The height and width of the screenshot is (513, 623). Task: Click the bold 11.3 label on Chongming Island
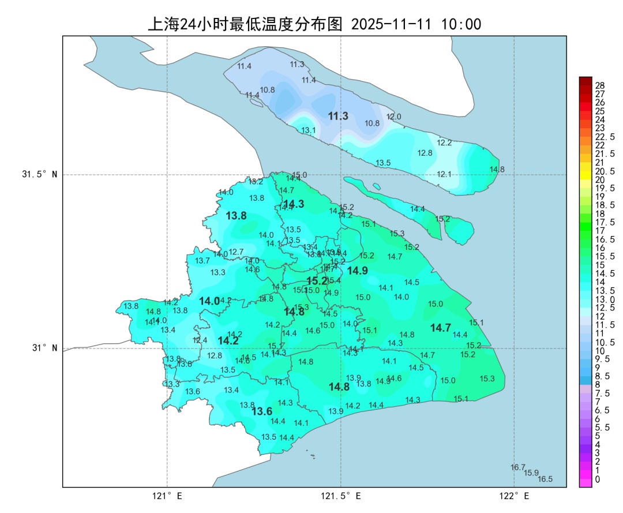(338, 116)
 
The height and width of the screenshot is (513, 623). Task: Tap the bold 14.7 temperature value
(441, 328)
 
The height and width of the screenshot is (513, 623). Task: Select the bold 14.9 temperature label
(357, 271)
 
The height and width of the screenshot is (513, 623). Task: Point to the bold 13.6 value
(262, 411)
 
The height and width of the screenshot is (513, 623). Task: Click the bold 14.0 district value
(209, 301)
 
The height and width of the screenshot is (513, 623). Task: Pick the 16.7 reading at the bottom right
(518, 467)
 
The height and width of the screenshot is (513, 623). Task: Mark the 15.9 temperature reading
(531, 473)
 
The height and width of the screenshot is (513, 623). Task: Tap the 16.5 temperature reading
(545, 479)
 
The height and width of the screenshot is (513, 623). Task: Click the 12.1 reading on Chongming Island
(444, 174)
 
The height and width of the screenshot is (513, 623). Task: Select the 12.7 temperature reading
(237, 252)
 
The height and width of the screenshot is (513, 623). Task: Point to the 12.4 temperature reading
(200, 340)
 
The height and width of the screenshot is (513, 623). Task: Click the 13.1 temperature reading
(309, 130)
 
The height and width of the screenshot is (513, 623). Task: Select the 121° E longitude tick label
(167, 496)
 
